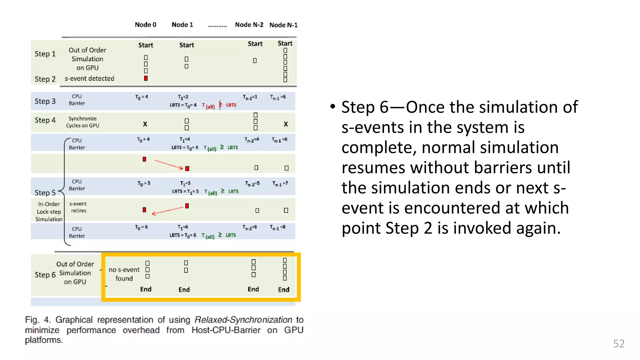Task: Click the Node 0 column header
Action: point(145,25)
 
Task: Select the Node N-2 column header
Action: point(249,25)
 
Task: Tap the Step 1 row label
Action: point(45,54)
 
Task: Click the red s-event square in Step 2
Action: point(146,78)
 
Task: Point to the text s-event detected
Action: point(89,78)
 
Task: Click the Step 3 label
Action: point(45,101)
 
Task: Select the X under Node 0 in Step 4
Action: point(145,124)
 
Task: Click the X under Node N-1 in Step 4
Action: point(286,124)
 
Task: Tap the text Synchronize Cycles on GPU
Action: point(82,122)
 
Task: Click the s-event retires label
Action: point(78,207)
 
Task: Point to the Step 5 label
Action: point(45,192)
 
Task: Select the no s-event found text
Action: point(124,274)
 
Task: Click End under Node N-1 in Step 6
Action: point(284,290)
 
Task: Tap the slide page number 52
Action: point(618,343)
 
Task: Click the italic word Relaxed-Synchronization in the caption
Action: point(243,320)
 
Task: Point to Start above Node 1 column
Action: point(187,45)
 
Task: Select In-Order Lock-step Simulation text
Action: point(49,212)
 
